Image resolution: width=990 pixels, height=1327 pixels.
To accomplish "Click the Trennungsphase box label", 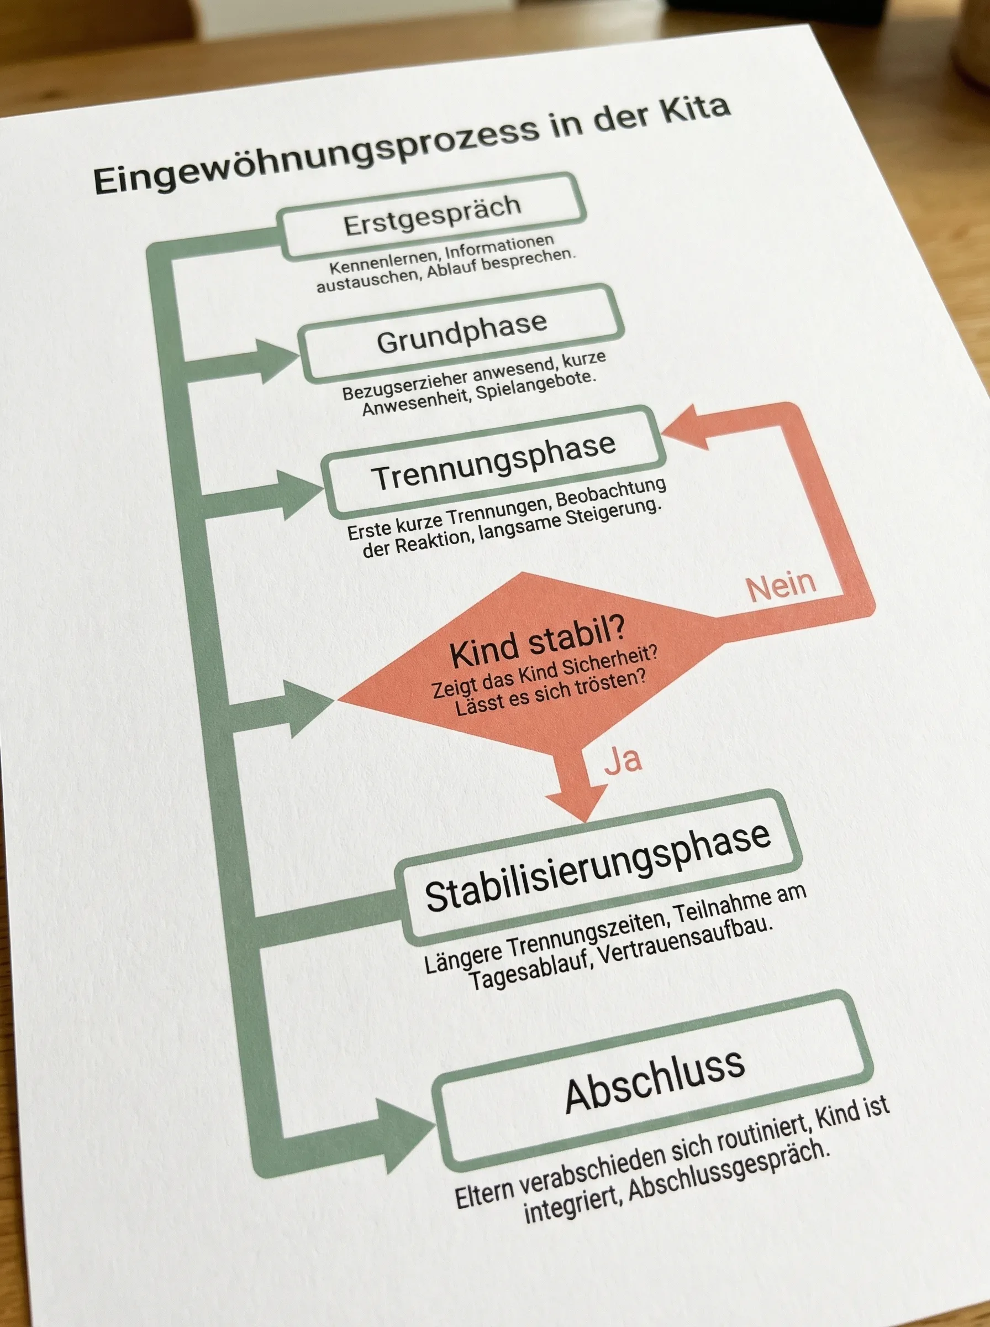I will pos(494,462).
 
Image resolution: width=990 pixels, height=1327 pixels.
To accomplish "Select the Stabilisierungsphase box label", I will pos(597,866).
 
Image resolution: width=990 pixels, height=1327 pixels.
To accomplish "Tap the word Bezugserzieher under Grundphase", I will pos(404,384).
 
